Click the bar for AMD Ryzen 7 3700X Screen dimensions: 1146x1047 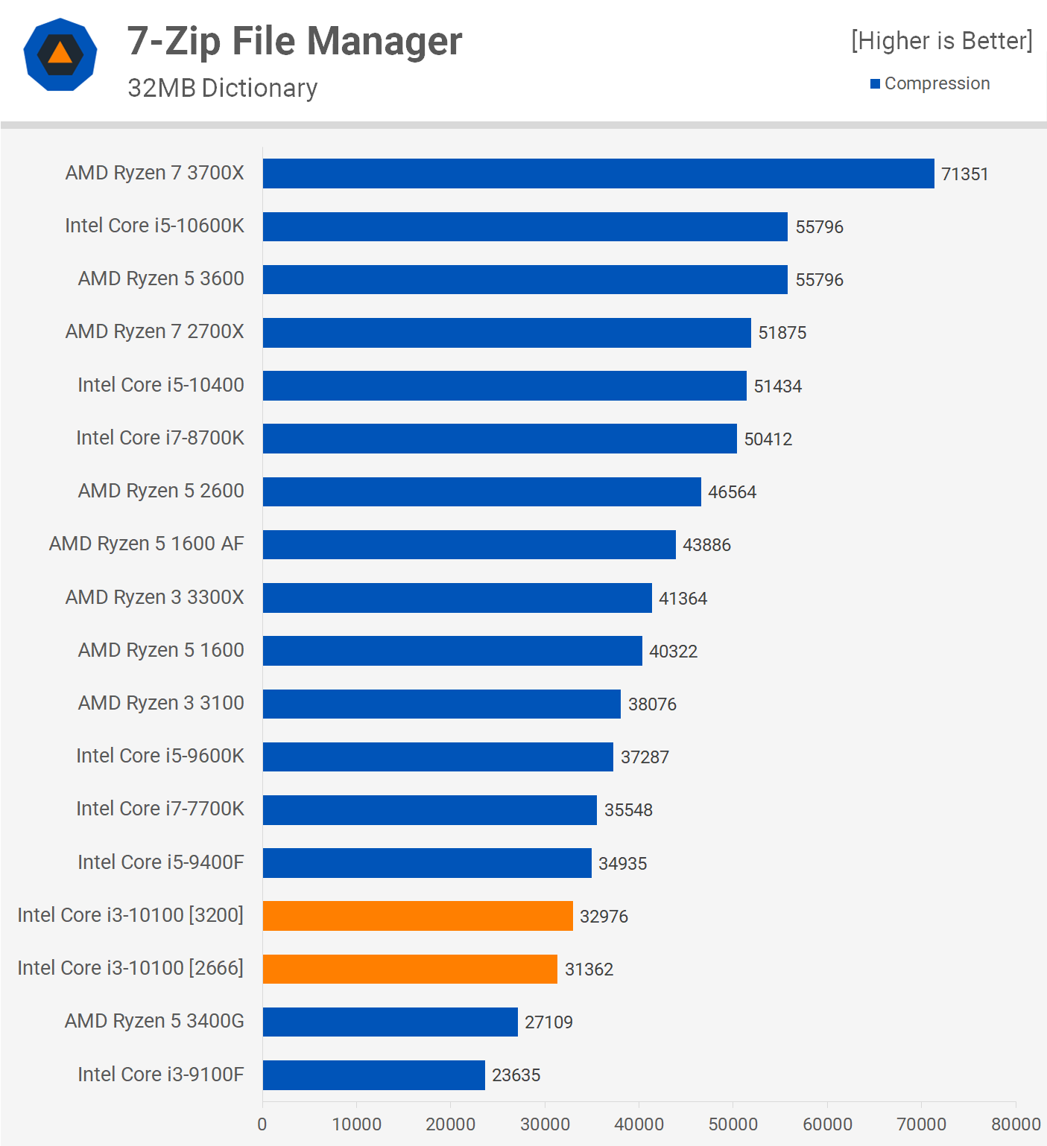pyautogui.click(x=598, y=174)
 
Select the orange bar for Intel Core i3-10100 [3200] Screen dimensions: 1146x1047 pyautogui.click(x=418, y=916)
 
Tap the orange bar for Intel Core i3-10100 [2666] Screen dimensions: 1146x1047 pyautogui.click(x=410, y=969)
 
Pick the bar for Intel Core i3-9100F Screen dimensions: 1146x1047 pyautogui.click(x=374, y=1075)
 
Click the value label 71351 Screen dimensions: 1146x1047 pyautogui.click(x=964, y=174)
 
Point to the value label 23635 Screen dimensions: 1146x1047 pyautogui.click(x=516, y=1075)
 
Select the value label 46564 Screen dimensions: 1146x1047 pyautogui.click(x=732, y=492)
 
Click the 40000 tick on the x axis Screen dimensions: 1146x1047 pyautogui.click(x=639, y=1124)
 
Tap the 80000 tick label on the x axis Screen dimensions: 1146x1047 pyautogui.click(x=1016, y=1124)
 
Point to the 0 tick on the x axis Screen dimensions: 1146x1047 pyautogui.click(x=262, y=1124)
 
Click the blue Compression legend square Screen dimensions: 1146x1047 pyautogui.click(x=876, y=83)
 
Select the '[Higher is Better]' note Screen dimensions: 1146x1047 pyautogui.click(x=942, y=41)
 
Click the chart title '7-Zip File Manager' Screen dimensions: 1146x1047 pyautogui.click(x=294, y=41)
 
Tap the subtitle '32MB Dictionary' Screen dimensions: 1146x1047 pyautogui.click(x=222, y=88)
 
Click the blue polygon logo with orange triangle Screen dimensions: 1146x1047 pyautogui.click(x=60, y=54)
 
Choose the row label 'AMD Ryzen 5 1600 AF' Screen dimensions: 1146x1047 pyautogui.click(x=146, y=544)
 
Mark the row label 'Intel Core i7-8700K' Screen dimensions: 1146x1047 pyautogui.click(x=159, y=438)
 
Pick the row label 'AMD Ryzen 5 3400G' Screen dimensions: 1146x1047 pyautogui.click(x=154, y=1021)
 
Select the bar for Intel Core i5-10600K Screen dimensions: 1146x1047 pyautogui.click(x=525, y=226)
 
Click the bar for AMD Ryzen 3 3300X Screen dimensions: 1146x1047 pyautogui.click(x=458, y=598)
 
